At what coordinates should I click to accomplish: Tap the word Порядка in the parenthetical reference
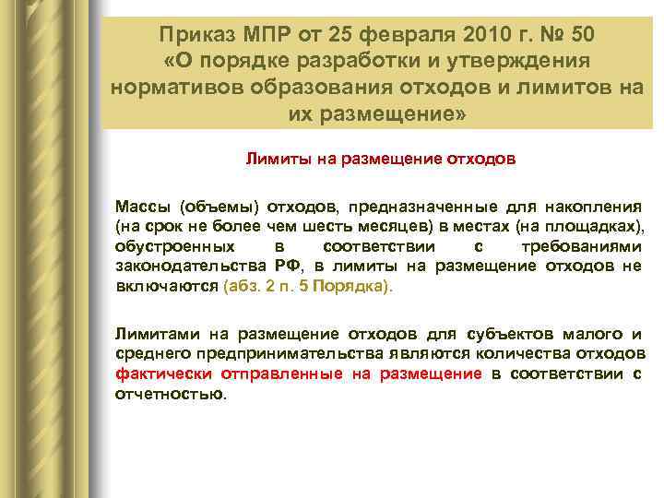[355, 287]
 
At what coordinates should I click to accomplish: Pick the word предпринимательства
[248, 353]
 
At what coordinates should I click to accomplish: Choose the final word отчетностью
[168, 394]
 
